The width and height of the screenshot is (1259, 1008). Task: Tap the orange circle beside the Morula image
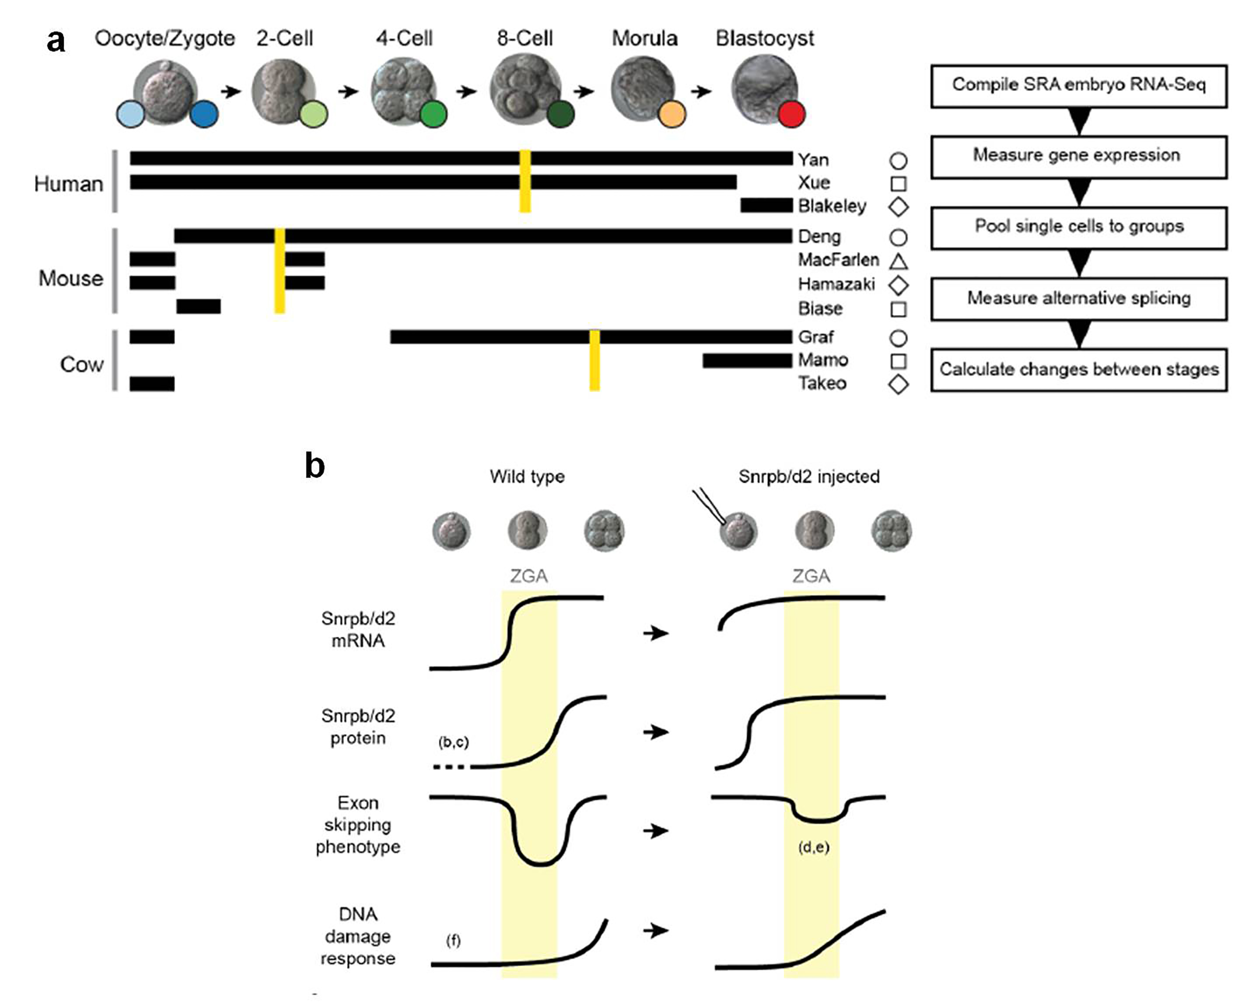(x=671, y=115)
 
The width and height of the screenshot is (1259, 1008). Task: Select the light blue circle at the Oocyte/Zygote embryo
(x=131, y=115)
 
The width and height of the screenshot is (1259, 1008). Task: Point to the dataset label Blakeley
(x=832, y=206)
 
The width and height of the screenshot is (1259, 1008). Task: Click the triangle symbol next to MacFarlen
(x=898, y=261)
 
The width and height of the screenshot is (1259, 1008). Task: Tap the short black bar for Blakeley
(x=766, y=206)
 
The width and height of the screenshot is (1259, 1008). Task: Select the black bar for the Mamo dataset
(x=746, y=361)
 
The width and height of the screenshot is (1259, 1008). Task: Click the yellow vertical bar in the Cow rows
(x=595, y=360)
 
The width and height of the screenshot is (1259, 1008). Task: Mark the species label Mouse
(x=71, y=279)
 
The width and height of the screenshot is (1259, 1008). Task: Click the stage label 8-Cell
(x=525, y=38)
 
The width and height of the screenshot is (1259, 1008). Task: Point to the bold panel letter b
(x=315, y=466)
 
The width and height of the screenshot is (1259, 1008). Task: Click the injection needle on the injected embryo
(x=708, y=506)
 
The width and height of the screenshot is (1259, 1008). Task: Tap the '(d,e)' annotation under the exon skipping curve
(x=813, y=847)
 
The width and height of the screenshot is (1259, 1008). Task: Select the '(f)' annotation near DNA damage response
(x=453, y=940)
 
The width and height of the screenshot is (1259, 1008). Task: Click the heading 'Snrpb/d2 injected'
(x=809, y=476)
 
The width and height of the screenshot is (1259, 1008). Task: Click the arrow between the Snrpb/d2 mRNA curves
(x=656, y=633)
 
